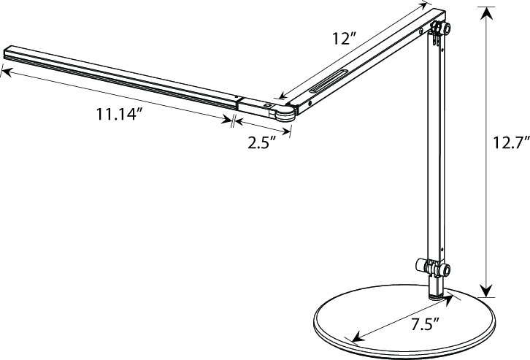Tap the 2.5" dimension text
tap(261, 142)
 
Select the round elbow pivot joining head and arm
tap(284, 112)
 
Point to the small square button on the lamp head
tap(267, 106)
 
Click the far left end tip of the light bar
tap(6, 53)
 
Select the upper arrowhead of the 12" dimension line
tap(426, 5)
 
